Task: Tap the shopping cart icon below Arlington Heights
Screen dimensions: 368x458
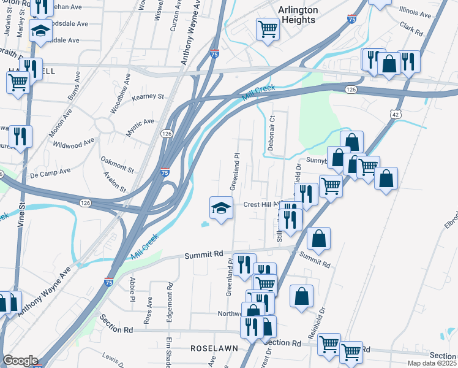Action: (x=268, y=28)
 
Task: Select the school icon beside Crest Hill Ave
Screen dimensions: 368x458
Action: (x=221, y=208)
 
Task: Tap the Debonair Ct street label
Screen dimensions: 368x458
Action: (x=272, y=132)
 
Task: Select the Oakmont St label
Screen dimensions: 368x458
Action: (x=117, y=164)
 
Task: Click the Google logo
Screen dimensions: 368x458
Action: (x=20, y=361)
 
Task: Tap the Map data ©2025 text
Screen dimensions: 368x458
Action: (x=432, y=363)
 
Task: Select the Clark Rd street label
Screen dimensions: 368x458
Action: (x=411, y=28)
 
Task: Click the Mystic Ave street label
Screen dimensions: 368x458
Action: (x=140, y=123)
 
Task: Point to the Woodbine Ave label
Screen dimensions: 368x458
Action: (x=121, y=94)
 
